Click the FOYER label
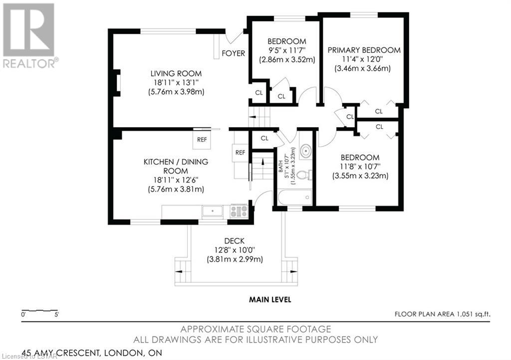coord(234,53)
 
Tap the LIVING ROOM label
coord(176,74)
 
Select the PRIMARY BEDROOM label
coord(364,50)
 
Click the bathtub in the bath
coord(295,197)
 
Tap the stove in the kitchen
coord(239,211)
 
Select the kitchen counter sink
coord(212,211)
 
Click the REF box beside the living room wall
coord(202,139)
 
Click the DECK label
coord(235,241)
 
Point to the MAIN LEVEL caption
coord(270,300)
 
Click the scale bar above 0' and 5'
coord(39,310)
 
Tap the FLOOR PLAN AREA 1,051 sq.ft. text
coord(442,314)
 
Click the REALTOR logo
coord(29,35)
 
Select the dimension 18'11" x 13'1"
coord(176,83)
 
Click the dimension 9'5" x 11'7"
coord(287,50)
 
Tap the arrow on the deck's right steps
coord(293,271)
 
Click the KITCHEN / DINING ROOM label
coord(176,166)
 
